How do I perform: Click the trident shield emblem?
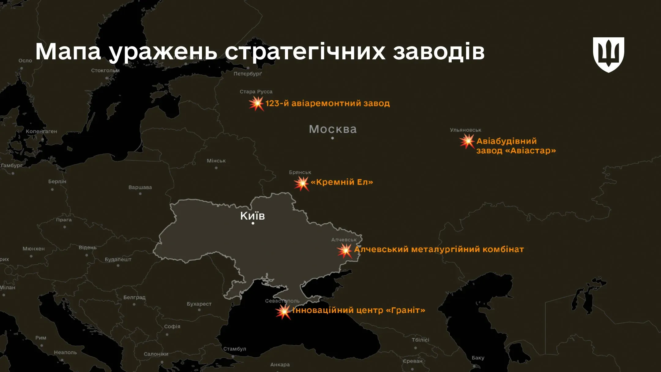pyautogui.click(x=608, y=54)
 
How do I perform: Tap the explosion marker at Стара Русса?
pyautogui.click(x=256, y=104)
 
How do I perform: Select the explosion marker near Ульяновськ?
pyautogui.click(x=467, y=141)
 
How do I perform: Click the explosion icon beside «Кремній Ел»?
pyautogui.click(x=301, y=183)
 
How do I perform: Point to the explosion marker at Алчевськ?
pyautogui.click(x=345, y=251)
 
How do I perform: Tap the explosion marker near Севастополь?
pyautogui.click(x=283, y=312)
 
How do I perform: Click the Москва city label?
pyautogui.click(x=333, y=129)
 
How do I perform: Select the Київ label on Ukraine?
pyautogui.click(x=252, y=216)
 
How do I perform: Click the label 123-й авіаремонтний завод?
pyautogui.click(x=327, y=103)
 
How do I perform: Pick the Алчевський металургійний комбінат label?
pyautogui.click(x=439, y=249)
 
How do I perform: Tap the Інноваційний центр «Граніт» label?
pyautogui.click(x=359, y=310)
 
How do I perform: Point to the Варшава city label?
pyautogui.click(x=140, y=187)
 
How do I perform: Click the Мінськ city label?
pyautogui.click(x=216, y=161)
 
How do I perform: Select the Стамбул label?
pyautogui.click(x=235, y=349)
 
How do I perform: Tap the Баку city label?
pyautogui.click(x=478, y=358)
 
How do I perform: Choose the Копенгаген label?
pyautogui.click(x=41, y=131)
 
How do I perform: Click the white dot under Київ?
pyautogui.click(x=253, y=223)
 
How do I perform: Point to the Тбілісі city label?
pyautogui.click(x=420, y=340)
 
